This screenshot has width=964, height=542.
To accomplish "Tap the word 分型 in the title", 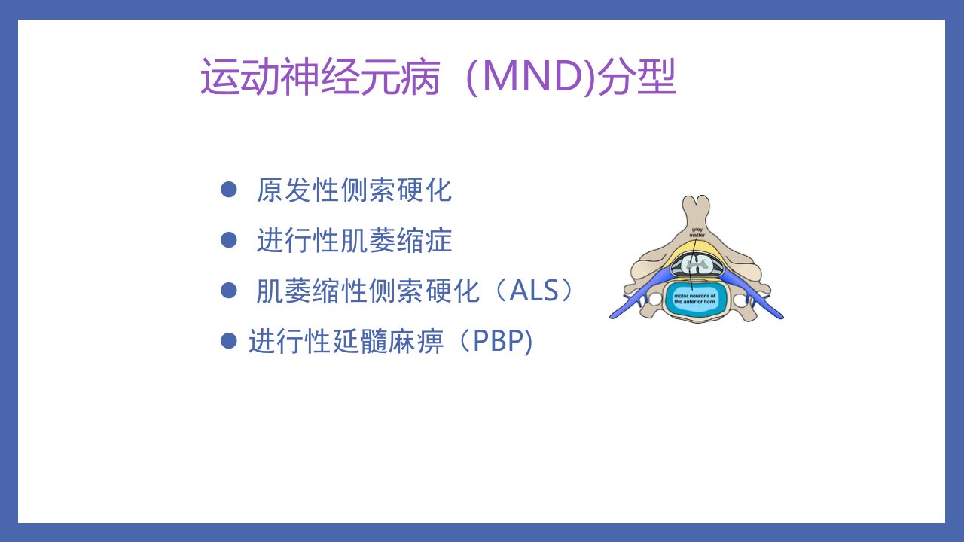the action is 637,78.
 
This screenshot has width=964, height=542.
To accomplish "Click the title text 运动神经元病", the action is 320,78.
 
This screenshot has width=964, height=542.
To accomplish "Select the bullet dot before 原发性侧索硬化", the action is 228,190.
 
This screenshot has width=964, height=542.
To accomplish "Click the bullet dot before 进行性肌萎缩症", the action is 228,240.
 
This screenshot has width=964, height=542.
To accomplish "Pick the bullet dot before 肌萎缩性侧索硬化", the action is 228,291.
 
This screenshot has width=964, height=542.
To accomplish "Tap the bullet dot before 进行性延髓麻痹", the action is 228,341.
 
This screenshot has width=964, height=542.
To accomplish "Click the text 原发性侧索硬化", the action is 354,190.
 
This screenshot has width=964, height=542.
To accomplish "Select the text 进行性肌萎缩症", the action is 354,240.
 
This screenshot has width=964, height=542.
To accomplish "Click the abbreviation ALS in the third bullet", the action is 534,291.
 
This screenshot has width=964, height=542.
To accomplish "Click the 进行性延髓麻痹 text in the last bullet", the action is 346,341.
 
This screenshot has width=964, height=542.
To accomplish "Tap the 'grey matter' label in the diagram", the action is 697,233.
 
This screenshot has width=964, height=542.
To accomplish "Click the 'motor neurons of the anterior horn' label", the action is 694,299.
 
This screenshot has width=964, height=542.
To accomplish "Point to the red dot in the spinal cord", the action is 688,269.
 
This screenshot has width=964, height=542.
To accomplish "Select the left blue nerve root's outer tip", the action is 612,317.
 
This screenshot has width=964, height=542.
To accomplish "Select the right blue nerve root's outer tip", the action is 782,317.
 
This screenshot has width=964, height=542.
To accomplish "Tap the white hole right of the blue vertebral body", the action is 740,300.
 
